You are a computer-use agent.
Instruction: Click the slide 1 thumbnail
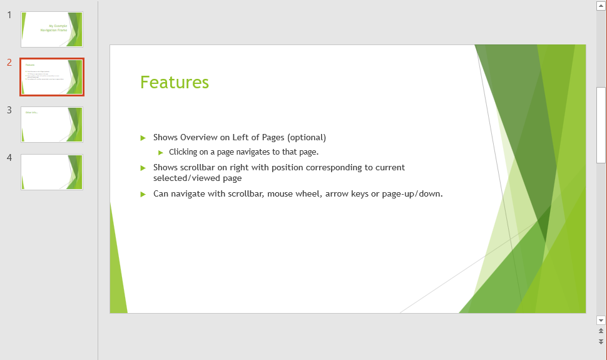coord(52,29)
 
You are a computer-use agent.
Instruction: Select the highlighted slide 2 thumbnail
coord(52,77)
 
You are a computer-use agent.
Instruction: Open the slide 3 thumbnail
coord(52,125)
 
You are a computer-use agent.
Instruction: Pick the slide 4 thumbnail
coord(52,172)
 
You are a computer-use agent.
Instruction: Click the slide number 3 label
coord(9,110)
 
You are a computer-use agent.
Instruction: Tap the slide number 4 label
coord(9,158)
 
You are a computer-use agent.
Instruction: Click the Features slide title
coord(175,83)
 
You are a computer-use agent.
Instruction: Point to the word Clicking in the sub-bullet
coord(184,152)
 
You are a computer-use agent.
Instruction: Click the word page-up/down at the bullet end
coord(412,194)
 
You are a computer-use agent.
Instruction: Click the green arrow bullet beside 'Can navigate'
coord(143,194)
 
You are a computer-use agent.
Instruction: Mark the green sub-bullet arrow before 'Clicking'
coord(161,152)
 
